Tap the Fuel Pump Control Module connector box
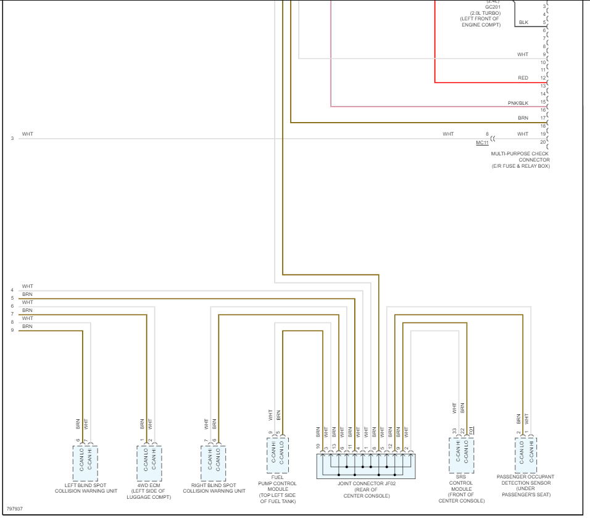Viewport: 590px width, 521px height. point(277,455)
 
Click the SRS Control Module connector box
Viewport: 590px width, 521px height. point(461,455)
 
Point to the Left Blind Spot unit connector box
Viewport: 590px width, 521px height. point(85,459)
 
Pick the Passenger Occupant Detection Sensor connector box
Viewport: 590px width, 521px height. point(526,455)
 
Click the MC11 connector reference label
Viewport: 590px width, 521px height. point(482,142)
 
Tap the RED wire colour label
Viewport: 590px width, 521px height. point(523,78)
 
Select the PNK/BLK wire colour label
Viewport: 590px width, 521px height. point(518,102)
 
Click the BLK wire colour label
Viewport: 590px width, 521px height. point(523,23)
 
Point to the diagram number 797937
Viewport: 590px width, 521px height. point(15,509)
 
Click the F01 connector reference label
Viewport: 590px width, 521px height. point(471,429)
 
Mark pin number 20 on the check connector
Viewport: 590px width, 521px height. point(543,142)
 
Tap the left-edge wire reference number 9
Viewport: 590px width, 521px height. point(12,330)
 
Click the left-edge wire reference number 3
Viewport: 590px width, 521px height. point(12,138)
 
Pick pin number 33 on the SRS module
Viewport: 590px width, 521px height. point(454,431)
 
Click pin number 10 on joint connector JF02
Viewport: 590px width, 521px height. point(318,446)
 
